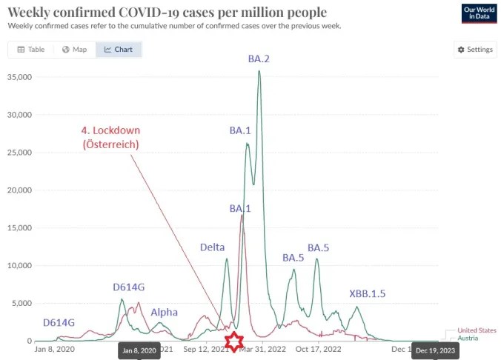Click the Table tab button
tap(30, 50)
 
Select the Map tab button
tap(74, 50)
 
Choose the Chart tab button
tap(119, 50)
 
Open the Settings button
tap(475, 50)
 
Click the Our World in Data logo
tap(479, 13)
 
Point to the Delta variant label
tap(212, 247)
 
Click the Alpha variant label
tap(164, 312)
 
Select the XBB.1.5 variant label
tap(368, 293)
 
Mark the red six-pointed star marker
tap(234, 341)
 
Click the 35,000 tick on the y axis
tap(19, 77)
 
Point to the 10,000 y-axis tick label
tap(19, 265)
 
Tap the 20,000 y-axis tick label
tap(19, 190)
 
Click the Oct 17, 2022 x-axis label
tap(318, 349)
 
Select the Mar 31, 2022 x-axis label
tap(262, 349)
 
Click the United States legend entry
tap(477, 330)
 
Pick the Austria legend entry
tap(468, 339)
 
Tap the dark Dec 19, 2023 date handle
tap(435, 350)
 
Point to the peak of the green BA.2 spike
tap(259, 70)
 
